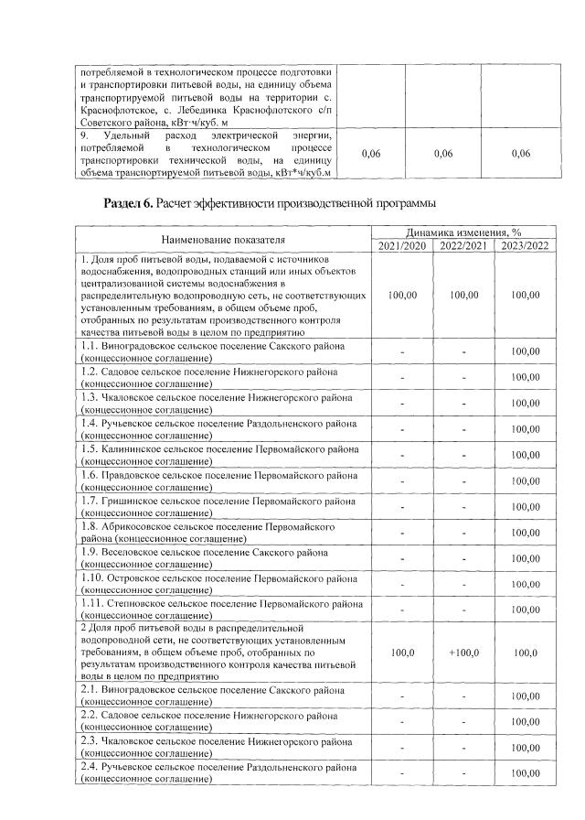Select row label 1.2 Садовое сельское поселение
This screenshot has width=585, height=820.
(x=209, y=377)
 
